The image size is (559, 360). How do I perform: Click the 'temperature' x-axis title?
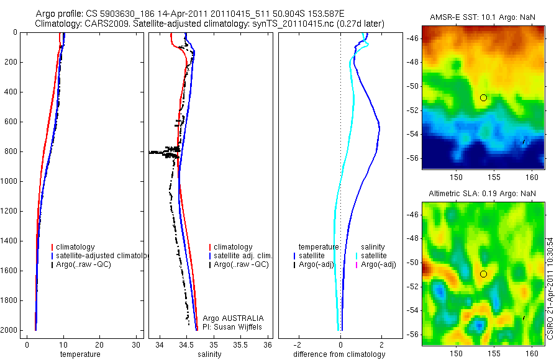click(80, 354)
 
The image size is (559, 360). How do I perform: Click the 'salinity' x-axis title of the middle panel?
click(209, 354)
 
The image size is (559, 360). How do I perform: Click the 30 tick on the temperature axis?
click(135, 345)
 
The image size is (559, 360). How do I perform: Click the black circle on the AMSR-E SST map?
click(483, 97)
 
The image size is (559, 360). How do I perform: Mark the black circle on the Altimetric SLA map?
click(483, 274)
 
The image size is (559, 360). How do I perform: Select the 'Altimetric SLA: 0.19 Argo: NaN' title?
click(482, 194)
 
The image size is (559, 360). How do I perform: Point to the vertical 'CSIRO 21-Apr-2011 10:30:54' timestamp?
click(551, 287)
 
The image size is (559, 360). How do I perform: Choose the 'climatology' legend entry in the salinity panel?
click(233, 247)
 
